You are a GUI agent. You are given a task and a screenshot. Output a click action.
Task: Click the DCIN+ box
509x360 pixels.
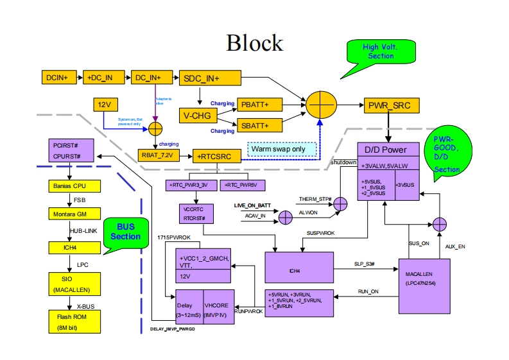click(61, 78)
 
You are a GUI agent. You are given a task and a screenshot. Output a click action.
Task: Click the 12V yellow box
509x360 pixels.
click(104, 104)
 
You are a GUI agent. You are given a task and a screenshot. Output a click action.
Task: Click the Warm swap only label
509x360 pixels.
click(283, 149)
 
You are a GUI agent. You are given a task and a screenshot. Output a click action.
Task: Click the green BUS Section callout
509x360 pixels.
click(125, 232)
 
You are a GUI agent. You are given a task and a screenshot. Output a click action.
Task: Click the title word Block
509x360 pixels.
click(254, 42)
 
